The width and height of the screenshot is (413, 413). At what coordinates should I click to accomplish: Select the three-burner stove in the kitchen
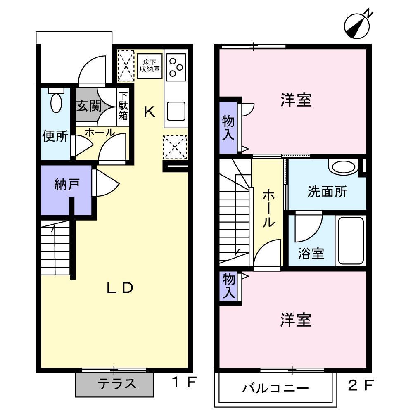point(177,66)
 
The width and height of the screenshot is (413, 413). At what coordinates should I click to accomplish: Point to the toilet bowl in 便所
point(56,102)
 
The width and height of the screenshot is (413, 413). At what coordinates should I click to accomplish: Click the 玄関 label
point(88,106)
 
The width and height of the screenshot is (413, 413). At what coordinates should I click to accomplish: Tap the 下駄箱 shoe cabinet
point(123,106)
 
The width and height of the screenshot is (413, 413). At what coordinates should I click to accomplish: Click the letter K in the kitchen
point(149,112)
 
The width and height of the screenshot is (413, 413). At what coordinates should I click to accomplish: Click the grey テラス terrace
point(114,384)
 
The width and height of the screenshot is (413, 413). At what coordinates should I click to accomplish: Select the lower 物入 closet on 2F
point(229,286)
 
